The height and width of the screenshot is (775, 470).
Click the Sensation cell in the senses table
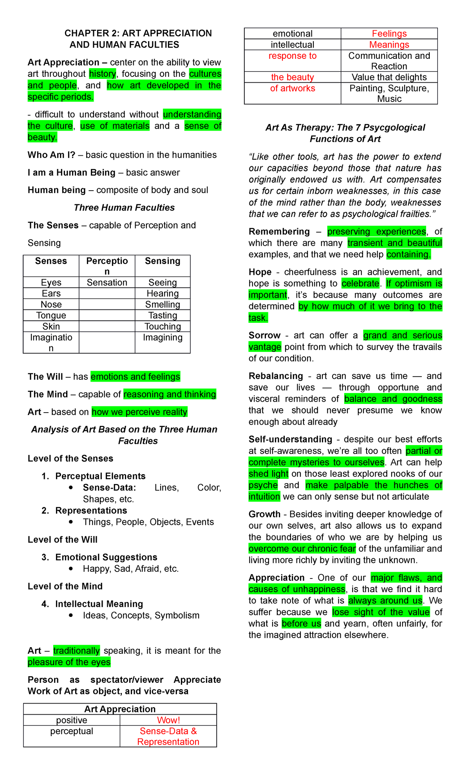click(x=107, y=282)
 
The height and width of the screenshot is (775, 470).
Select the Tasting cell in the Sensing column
click(x=163, y=315)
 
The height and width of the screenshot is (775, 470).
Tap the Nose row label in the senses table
click(x=51, y=304)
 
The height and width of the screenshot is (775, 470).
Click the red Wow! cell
click(x=168, y=720)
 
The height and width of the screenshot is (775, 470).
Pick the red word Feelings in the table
click(x=389, y=34)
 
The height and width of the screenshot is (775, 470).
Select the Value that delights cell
click(x=389, y=77)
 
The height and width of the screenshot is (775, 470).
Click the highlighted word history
click(x=103, y=74)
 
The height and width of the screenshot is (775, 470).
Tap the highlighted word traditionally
click(x=77, y=651)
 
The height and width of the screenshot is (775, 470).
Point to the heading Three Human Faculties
click(x=124, y=207)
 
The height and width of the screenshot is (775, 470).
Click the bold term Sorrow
click(x=264, y=335)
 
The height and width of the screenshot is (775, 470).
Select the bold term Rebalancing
click(x=276, y=376)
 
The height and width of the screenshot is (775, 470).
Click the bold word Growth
click(x=264, y=514)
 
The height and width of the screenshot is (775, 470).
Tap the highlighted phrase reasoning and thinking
click(x=170, y=394)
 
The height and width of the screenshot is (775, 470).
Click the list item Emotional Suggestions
click(x=106, y=557)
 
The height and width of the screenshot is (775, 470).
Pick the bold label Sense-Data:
click(x=109, y=488)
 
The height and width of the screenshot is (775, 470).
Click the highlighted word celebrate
click(x=360, y=283)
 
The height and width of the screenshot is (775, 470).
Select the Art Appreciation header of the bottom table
click(x=120, y=709)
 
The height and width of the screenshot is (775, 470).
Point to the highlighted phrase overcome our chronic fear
click(x=302, y=549)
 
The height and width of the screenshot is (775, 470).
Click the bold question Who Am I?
click(x=51, y=155)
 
